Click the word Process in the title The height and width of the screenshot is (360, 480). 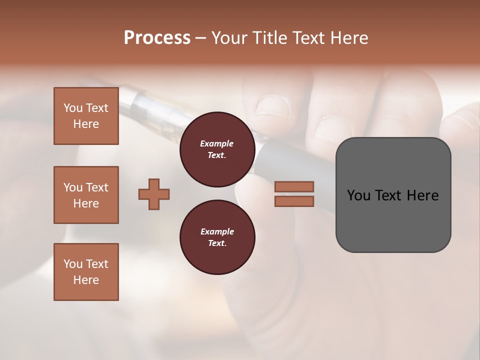(x=157, y=38)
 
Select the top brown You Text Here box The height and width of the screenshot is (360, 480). (x=86, y=116)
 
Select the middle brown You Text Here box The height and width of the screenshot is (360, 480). (x=86, y=195)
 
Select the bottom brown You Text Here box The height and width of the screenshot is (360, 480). (x=86, y=272)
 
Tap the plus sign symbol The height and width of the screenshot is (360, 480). (x=154, y=194)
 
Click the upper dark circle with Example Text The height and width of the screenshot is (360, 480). (x=217, y=149)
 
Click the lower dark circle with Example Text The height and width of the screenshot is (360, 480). (x=217, y=237)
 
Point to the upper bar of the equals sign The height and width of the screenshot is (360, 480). (x=294, y=186)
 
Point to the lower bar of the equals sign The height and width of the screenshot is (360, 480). (x=294, y=201)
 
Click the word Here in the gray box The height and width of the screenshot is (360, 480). (x=422, y=195)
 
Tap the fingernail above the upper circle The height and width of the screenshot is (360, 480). (x=272, y=106)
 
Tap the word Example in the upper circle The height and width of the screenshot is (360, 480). (x=217, y=143)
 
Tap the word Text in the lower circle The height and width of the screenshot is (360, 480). (x=217, y=243)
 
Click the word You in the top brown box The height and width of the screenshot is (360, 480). (x=73, y=108)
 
